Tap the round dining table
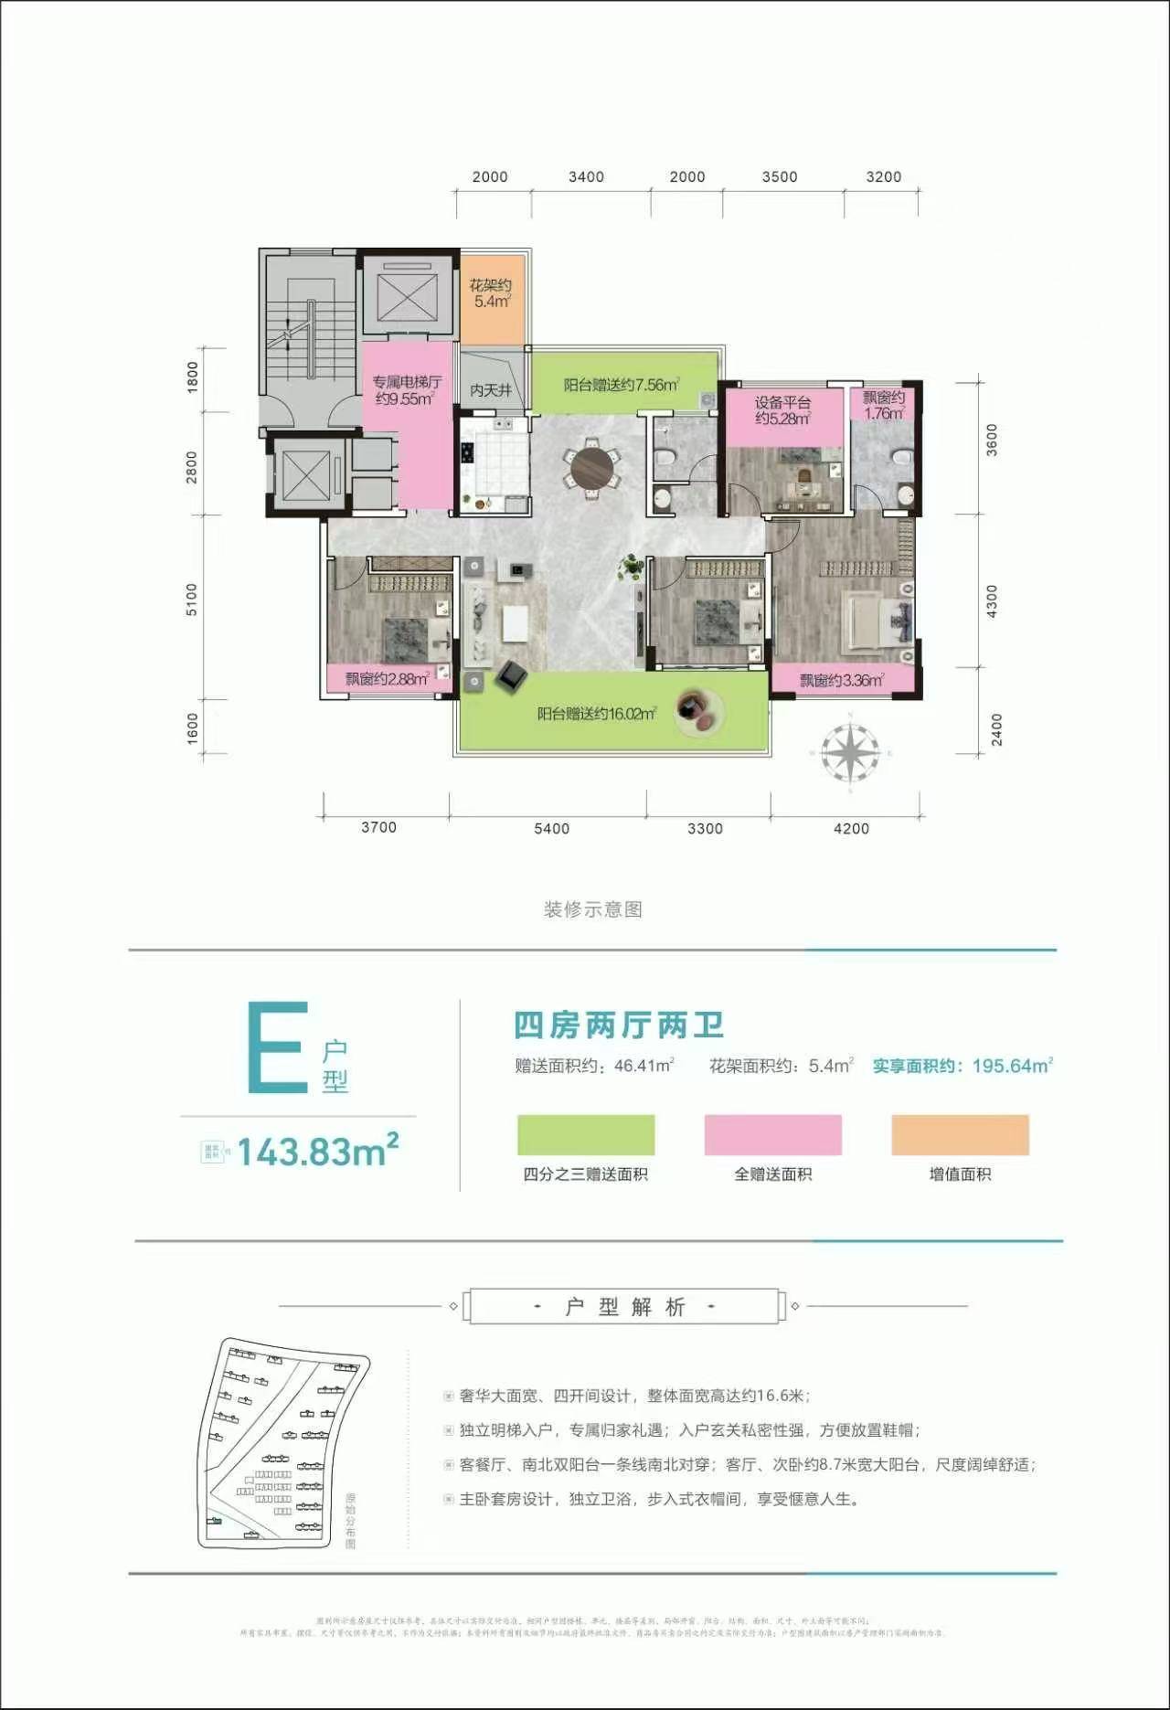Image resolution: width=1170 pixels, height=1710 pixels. click(x=591, y=469)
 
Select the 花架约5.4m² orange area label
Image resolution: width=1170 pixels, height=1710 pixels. click(x=491, y=293)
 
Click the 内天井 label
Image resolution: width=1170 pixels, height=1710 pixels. click(x=491, y=390)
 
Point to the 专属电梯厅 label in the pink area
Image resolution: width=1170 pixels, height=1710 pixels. click(x=406, y=390)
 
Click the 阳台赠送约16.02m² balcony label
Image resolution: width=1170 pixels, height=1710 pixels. click(x=596, y=713)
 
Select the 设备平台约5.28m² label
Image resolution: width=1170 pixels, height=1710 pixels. click(x=782, y=410)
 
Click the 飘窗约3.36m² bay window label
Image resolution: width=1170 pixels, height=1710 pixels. click(x=841, y=680)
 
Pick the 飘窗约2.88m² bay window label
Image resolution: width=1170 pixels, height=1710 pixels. click(x=387, y=679)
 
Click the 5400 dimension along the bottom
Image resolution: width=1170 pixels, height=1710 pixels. click(x=551, y=829)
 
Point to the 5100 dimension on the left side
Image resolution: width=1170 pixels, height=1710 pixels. click(x=192, y=599)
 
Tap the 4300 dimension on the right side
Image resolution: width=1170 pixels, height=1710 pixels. click(x=993, y=601)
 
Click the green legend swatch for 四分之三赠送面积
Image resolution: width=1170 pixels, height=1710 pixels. click(x=586, y=1135)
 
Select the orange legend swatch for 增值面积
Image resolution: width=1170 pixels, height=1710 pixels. click(x=960, y=1135)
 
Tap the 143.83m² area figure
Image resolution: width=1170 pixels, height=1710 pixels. click(x=317, y=1152)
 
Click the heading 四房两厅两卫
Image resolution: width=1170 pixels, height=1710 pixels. click(x=619, y=1025)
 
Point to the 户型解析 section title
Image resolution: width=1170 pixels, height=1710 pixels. click(x=624, y=1307)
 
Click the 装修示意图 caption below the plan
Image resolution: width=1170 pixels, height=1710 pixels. click(x=593, y=909)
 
